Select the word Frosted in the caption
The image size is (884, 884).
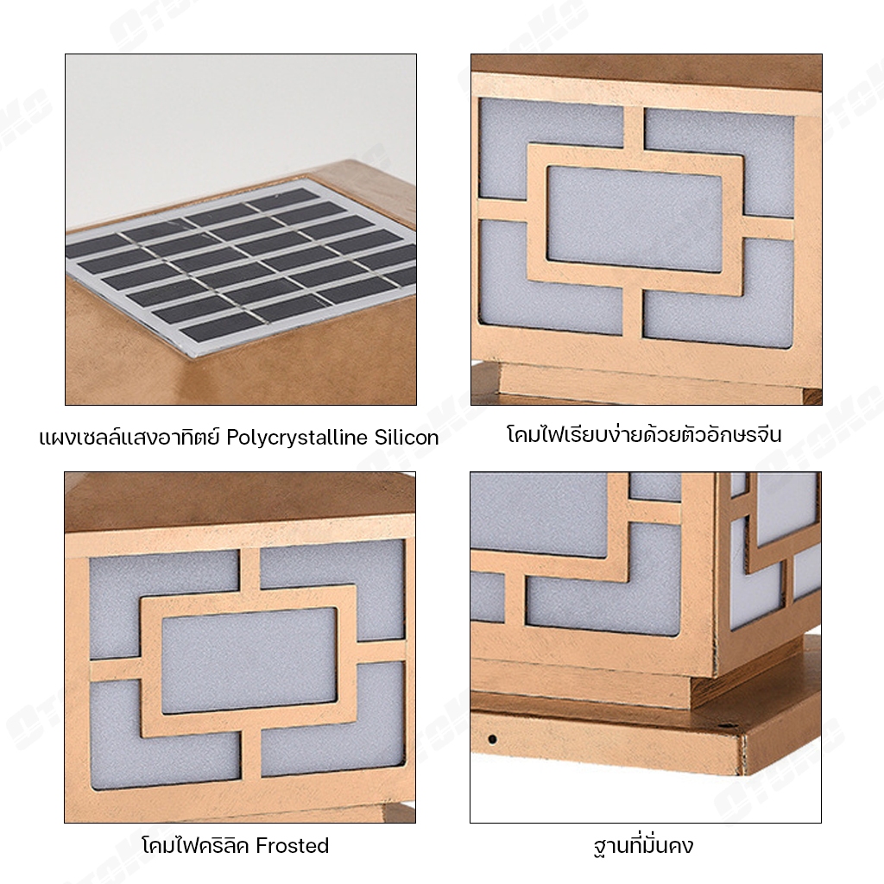point(292,846)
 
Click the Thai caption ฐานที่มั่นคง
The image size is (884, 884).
point(643,845)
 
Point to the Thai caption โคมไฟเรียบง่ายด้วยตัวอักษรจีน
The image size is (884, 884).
point(644,435)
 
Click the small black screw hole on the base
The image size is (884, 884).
point(492,739)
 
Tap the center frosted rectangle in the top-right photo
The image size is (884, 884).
point(635,219)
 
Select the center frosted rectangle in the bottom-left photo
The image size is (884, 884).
point(249,660)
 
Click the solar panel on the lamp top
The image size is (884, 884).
point(243,266)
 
